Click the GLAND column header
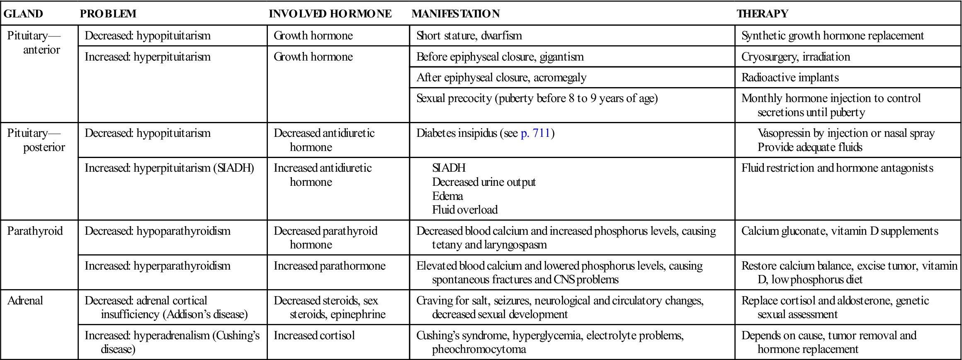(23, 14)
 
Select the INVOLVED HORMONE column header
(330, 14)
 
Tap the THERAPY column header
(762, 14)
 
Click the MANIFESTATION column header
(455, 14)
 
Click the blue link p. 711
(535, 133)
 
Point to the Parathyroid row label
(35, 231)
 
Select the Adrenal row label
(25, 301)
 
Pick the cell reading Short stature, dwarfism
(469, 36)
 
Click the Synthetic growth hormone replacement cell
(832, 36)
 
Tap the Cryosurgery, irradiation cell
(795, 57)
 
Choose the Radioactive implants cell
(790, 78)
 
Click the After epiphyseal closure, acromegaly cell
(501, 78)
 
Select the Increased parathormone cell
(329, 266)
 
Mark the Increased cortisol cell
(314, 336)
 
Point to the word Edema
(447, 196)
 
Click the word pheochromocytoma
(479, 349)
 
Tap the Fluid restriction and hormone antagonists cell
(837, 168)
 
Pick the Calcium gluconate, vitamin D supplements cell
(839, 231)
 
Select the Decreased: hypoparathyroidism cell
(157, 231)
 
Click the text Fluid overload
(464, 210)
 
